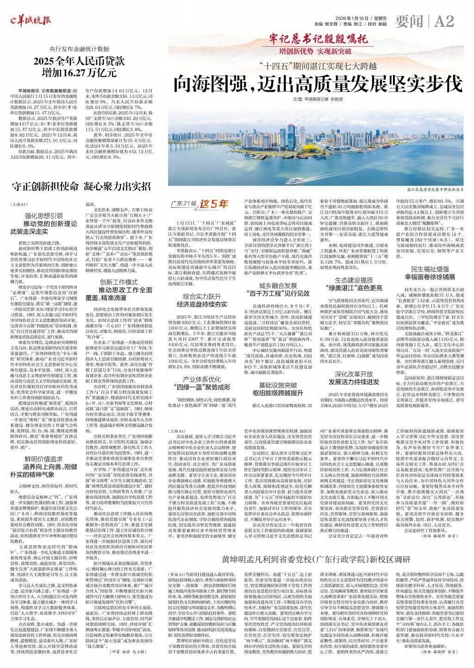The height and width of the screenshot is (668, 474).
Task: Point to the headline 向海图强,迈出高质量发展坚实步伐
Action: pyautogui.click(x=318, y=84)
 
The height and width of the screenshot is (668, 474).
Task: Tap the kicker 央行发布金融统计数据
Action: pyautogui.click(x=80, y=49)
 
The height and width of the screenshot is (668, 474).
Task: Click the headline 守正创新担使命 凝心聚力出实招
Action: pyautogui.click(x=81, y=187)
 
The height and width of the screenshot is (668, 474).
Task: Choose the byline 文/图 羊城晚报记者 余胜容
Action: pyautogui.click(x=318, y=99)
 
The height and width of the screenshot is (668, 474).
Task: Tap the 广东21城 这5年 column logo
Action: pyautogui.click(x=200, y=203)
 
